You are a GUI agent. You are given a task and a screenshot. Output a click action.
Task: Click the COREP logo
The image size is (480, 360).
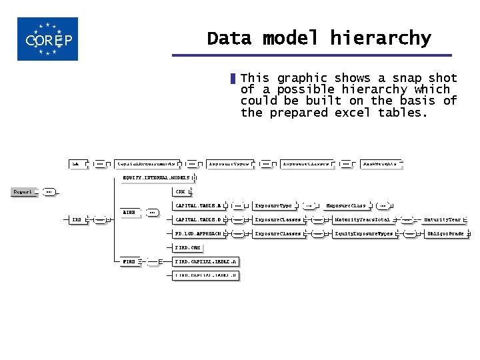(x=47, y=39)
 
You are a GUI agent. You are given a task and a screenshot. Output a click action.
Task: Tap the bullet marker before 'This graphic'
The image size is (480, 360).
(x=233, y=79)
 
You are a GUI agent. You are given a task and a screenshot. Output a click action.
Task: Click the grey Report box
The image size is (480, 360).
(x=24, y=192)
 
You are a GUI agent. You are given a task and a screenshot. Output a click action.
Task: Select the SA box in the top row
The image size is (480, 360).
(x=78, y=163)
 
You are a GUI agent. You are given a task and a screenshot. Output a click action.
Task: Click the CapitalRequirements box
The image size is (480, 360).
(x=146, y=163)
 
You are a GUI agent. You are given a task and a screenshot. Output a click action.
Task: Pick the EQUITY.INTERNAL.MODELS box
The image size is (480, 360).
(x=157, y=178)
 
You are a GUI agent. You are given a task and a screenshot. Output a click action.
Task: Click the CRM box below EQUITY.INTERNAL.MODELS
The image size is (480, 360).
(x=180, y=192)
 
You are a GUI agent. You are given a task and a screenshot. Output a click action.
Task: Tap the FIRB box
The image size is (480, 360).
(x=129, y=262)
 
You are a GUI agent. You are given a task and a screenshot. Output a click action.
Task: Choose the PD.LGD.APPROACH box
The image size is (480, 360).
(x=197, y=234)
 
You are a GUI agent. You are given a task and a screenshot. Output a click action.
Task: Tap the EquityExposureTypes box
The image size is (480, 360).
(x=363, y=234)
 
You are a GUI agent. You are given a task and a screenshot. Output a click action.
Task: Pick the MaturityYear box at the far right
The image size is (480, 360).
(x=443, y=219)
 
